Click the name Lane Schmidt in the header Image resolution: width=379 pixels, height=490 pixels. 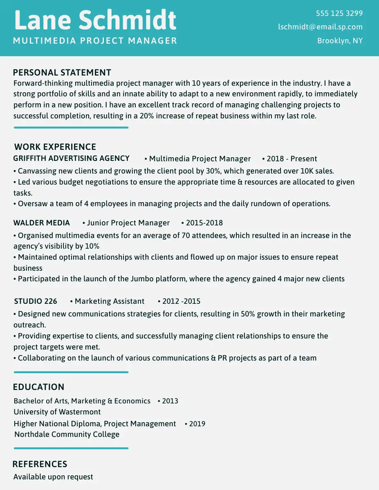(x=95, y=20)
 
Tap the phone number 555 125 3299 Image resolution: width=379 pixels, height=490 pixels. (x=339, y=13)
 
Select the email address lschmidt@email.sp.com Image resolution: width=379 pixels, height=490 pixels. (x=320, y=27)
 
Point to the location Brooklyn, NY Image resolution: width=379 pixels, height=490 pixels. (x=340, y=41)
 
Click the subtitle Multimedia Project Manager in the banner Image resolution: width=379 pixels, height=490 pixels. (x=95, y=41)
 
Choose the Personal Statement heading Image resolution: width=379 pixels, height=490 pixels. (x=62, y=73)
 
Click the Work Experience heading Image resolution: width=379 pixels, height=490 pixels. (x=55, y=147)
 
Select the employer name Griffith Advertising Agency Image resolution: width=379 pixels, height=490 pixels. (x=72, y=158)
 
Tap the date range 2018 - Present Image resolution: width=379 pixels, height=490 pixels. (x=292, y=159)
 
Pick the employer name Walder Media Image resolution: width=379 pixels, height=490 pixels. (x=42, y=223)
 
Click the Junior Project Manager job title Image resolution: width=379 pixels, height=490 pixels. (x=128, y=223)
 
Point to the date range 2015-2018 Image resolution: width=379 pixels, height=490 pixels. (x=204, y=223)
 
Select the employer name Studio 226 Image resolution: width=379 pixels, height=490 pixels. (x=36, y=301)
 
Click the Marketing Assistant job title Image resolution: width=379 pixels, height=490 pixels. (x=109, y=301)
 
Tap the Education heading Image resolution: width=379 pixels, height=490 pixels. (x=39, y=387)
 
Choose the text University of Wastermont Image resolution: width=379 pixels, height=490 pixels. (x=57, y=412)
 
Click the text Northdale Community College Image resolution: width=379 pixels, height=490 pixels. (x=67, y=434)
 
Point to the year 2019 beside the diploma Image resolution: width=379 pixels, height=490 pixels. (x=197, y=424)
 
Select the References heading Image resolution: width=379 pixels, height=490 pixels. (x=40, y=464)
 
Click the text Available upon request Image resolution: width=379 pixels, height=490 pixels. (x=53, y=477)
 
